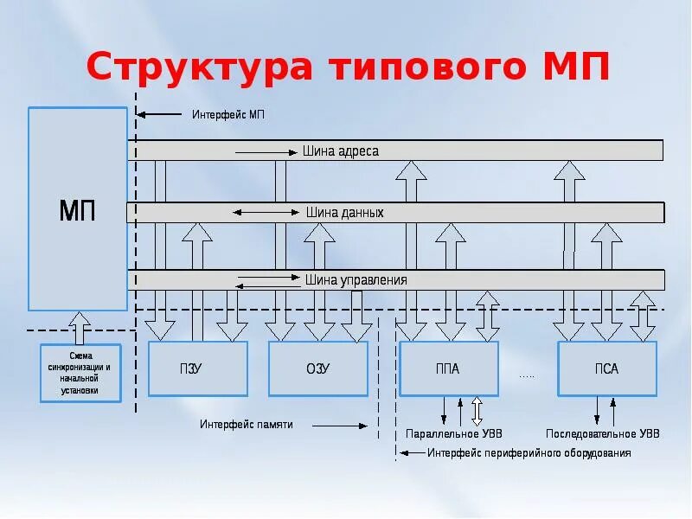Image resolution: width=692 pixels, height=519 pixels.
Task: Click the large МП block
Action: click(78, 208)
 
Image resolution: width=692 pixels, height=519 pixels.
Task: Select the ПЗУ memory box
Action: click(198, 369)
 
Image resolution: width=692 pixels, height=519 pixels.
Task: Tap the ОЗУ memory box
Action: click(317, 369)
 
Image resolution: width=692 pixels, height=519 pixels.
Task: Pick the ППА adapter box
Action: click(448, 369)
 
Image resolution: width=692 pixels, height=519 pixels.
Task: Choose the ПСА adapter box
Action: click(606, 369)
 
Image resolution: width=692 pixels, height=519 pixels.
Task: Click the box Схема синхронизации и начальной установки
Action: click(80, 373)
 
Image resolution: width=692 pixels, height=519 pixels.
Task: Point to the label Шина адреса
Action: click(341, 151)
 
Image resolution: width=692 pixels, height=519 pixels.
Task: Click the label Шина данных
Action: click(344, 212)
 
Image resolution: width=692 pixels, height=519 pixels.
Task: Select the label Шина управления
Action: click(356, 280)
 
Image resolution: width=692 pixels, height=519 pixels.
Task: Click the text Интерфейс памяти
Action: click(247, 425)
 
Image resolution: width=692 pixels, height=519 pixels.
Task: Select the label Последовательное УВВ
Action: click(602, 433)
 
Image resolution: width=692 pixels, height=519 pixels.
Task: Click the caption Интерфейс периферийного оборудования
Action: click(529, 453)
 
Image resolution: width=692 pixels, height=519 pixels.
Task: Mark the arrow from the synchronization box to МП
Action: click(80, 328)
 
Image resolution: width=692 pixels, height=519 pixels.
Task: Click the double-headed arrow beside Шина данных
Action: click(266, 212)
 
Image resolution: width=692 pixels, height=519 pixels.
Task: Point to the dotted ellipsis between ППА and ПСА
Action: click(527, 375)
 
